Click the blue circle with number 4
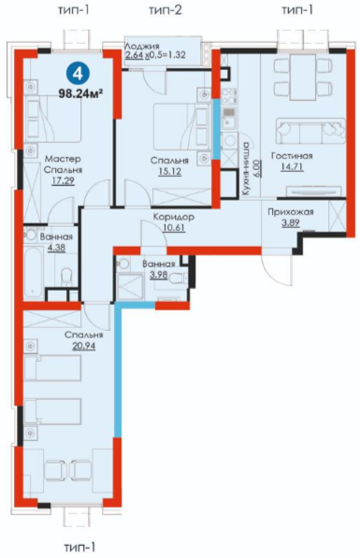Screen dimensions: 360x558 pyautogui.click(x=78, y=74)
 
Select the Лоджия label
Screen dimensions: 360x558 pyautogui.click(x=142, y=46)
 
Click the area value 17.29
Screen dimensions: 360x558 pyautogui.click(x=63, y=181)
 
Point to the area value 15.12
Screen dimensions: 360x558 pyautogui.click(x=170, y=172)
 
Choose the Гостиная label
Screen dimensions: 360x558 pyautogui.click(x=292, y=155)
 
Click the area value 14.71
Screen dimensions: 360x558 pyautogui.click(x=292, y=166)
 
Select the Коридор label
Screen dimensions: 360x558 pyautogui.click(x=174, y=217)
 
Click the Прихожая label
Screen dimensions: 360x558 pyautogui.click(x=291, y=212)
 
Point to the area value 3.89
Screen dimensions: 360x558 pyautogui.click(x=291, y=223)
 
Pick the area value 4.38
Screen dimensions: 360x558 pyautogui.click(x=56, y=248)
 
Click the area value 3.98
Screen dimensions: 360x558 pyautogui.click(x=159, y=275)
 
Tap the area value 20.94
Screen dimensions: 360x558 pyautogui.click(x=83, y=346)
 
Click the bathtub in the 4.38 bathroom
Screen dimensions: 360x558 pyautogui.click(x=35, y=273)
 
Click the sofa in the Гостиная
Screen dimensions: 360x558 pyautogui.click(x=310, y=131)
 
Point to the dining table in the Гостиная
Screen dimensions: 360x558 pyautogui.click(x=303, y=78)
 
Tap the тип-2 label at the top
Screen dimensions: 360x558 pyautogui.click(x=166, y=10)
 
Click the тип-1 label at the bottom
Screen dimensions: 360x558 pyautogui.click(x=79, y=547)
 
